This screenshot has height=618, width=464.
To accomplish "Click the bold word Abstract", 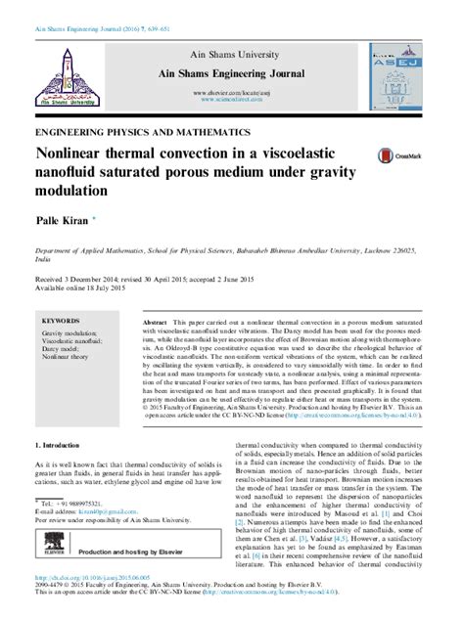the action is tap(154, 322).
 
